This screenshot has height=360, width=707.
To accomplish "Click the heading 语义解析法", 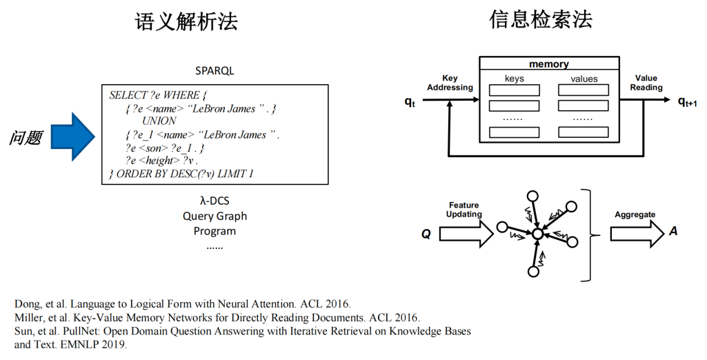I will [x=186, y=22].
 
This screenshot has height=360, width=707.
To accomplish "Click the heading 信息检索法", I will [x=541, y=20].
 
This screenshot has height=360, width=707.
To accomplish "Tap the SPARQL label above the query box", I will [x=215, y=71].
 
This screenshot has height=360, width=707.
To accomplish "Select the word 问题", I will [x=26, y=138].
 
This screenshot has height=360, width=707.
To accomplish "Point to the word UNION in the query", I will [x=159, y=121].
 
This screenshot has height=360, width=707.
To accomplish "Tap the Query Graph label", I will [x=215, y=216].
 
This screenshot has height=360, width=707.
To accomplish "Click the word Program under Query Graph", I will [x=215, y=231].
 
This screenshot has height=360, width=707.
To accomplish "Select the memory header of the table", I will [x=548, y=64].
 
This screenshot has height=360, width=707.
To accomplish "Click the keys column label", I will [x=514, y=79].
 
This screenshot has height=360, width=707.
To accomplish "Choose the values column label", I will [x=584, y=79].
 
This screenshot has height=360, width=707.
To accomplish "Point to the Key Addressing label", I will [x=450, y=83].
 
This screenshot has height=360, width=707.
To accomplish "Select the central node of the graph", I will [x=537, y=234].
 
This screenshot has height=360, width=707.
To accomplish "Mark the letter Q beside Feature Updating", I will [x=426, y=234].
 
